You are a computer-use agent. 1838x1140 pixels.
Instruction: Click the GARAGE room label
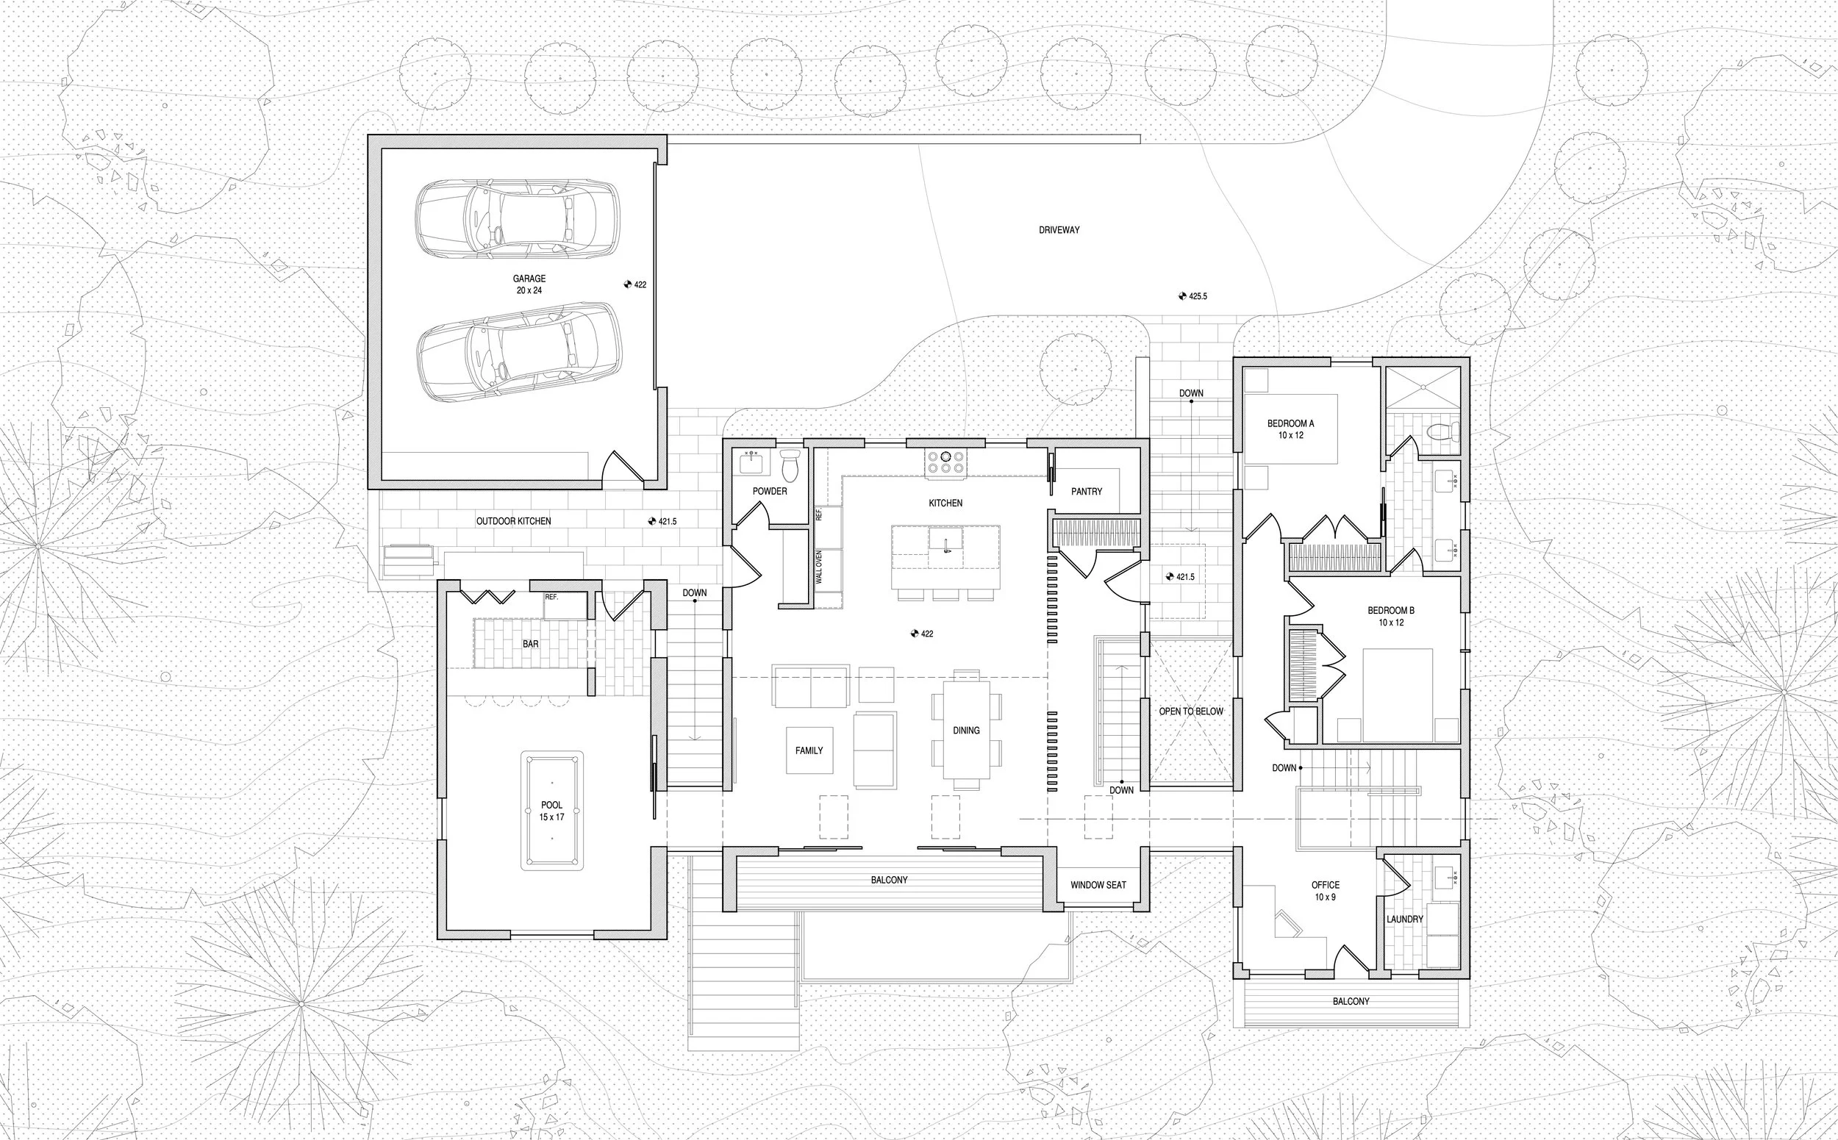[529, 279]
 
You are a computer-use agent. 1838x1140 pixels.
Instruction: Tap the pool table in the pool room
[551, 811]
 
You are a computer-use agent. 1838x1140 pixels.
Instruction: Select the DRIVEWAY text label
[1059, 230]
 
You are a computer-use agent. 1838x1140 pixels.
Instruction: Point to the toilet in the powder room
[790, 466]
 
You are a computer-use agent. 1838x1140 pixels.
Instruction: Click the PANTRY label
[1086, 492]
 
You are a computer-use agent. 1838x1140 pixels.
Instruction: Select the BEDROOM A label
[1290, 423]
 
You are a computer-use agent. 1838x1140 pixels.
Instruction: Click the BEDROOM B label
[1391, 611]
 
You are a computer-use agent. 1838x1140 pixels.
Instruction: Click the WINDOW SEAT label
[1098, 885]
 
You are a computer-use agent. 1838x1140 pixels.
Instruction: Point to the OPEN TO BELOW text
[1191, 711]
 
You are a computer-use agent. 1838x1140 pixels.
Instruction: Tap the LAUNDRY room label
[1404, 919]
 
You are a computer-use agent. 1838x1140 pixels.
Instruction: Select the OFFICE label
[1325, 885]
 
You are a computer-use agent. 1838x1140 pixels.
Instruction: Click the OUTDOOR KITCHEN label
[513, 521]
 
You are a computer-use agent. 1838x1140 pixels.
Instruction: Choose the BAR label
[530, 644]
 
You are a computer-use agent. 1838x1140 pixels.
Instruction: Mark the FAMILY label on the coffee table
[809, 750]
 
